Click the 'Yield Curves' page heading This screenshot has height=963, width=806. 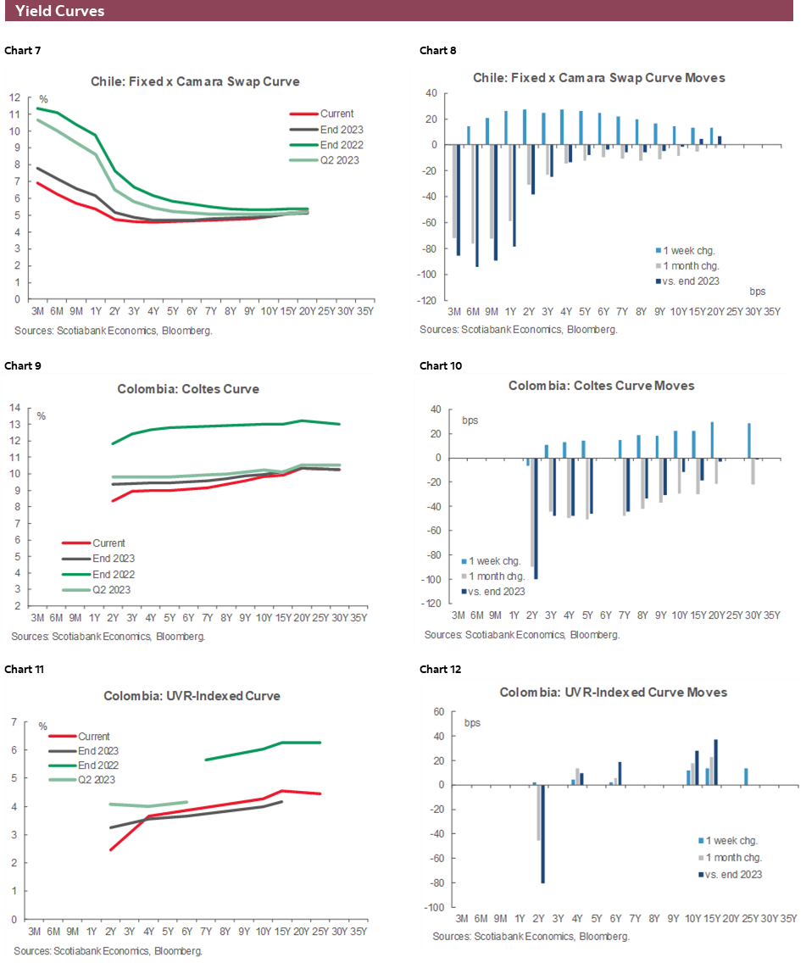click(x=59, y=11)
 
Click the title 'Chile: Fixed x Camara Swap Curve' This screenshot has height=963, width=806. click(x=196, y=82)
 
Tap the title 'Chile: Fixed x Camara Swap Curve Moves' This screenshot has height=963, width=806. click(x=599, y=78)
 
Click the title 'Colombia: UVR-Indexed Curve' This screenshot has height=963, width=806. click(x=192, y=696)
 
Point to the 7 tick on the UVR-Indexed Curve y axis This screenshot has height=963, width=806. click(x=14, y=722)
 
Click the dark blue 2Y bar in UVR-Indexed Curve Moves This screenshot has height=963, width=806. click(x=542, y=834)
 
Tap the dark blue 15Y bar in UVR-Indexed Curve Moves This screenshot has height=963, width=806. click(x=715, y=762)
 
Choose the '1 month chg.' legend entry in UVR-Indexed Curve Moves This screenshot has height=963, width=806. click(x=733, y=858)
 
